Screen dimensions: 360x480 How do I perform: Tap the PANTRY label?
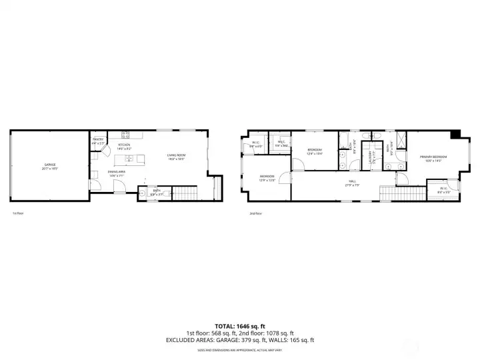(98, 141)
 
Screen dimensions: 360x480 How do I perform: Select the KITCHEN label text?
(124, 146)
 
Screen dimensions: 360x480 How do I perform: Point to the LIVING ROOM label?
(175, 157)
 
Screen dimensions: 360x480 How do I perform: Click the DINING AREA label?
(117, 173)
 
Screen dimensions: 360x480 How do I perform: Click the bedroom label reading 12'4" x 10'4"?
(315, 151)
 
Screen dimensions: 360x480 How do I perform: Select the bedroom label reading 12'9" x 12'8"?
(267, 178)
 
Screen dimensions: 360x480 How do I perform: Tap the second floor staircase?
(400, 194)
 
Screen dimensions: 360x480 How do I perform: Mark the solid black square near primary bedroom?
(455, 134)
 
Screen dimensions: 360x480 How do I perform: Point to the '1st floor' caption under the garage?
(18, 213)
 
